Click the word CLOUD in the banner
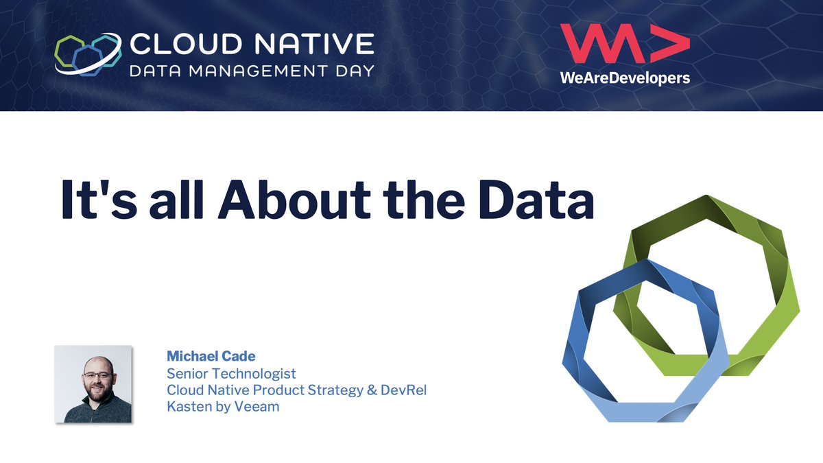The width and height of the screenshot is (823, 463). coord(178,45)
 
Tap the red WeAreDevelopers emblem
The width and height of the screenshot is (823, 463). coord(624,44)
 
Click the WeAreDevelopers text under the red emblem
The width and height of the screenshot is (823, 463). coord(624,78)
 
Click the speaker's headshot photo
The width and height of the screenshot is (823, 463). coord(93,383)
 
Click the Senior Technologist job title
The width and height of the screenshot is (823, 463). coord(231,373)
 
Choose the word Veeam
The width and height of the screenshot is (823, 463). coord(255,407)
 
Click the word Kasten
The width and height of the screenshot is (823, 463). coord(189,407)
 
